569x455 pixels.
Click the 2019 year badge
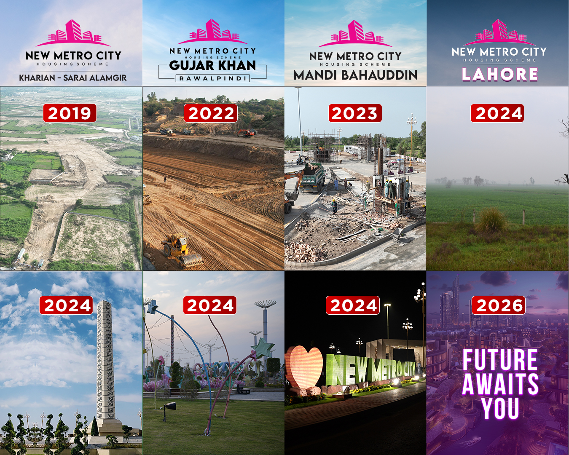70,113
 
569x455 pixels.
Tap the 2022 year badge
211,113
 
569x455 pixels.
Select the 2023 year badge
355,113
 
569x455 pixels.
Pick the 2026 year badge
499,305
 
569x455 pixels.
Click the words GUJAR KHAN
212,66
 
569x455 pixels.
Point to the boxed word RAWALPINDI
212,78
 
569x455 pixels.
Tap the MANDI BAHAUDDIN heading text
355,75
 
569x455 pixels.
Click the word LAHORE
500,74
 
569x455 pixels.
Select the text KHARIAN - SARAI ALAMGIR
73,78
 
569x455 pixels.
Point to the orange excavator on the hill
247,133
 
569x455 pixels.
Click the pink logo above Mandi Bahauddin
355,34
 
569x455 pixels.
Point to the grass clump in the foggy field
491,220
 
